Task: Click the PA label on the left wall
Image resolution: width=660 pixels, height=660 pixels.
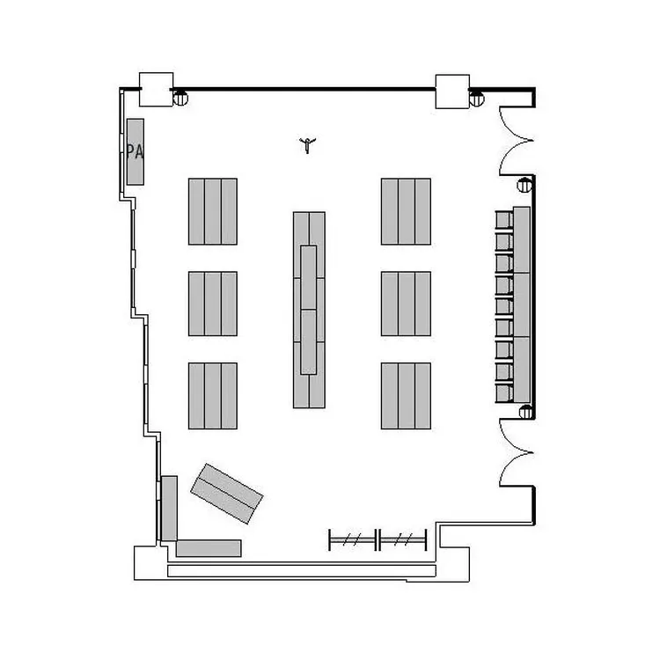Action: tap(135, 151)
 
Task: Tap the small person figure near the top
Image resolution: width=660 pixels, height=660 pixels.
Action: tap(307, 145)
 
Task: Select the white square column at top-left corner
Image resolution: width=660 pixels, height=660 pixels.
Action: tap(156, 89)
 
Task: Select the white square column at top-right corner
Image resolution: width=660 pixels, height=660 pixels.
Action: tap(452, 92)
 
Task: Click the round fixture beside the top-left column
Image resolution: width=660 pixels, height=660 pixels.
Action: tap(180, 98)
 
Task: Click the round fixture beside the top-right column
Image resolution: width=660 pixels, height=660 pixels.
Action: tap(476, 99)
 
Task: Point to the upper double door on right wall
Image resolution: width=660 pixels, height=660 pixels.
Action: tap(517, 141)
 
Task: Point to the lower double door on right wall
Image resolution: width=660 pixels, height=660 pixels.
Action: tap(517, 453)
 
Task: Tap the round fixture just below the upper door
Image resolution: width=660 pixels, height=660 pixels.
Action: tap(524, 185)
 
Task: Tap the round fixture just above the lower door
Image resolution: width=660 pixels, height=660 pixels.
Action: tap(526, 412)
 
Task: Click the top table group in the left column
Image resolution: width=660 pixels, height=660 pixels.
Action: tap(213, 211)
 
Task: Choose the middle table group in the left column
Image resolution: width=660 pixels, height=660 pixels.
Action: tap(213, 304)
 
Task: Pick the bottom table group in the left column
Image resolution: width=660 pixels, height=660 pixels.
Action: tap(213, 396)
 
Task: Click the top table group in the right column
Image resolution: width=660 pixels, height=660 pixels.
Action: tap(407, 211)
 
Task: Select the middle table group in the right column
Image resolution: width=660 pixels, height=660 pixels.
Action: tap(407, 304)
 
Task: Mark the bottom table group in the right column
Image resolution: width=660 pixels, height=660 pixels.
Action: tap(407, 396)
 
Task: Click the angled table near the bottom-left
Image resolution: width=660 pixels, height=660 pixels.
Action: tap(227, 494)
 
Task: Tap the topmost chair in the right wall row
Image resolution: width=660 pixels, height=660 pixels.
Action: tap(504, 220)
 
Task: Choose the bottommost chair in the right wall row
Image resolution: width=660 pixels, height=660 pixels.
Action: tap(504, 393)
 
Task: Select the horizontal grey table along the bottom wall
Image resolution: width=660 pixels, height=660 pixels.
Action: tap(209, 548)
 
